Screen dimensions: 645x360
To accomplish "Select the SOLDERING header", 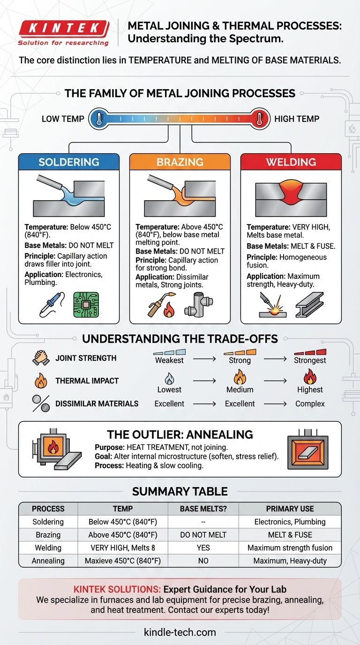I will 69,162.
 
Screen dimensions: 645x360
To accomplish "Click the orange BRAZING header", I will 180,162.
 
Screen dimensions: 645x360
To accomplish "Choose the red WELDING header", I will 291,162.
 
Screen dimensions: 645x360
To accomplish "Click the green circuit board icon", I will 86,305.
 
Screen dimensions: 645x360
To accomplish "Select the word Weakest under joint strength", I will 169,360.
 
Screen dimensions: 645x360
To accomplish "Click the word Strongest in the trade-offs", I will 310,360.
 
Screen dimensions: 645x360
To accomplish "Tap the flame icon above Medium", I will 240,376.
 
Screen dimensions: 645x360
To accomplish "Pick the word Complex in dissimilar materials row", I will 310,404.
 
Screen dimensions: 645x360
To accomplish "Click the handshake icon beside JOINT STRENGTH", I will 41,358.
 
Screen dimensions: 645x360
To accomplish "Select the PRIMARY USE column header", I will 290,509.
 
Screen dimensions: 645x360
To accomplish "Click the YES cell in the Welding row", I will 203,547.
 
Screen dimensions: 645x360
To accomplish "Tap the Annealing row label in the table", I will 48,561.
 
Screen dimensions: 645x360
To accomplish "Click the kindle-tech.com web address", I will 180,632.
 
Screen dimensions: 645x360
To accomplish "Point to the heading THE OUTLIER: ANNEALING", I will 180,434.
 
